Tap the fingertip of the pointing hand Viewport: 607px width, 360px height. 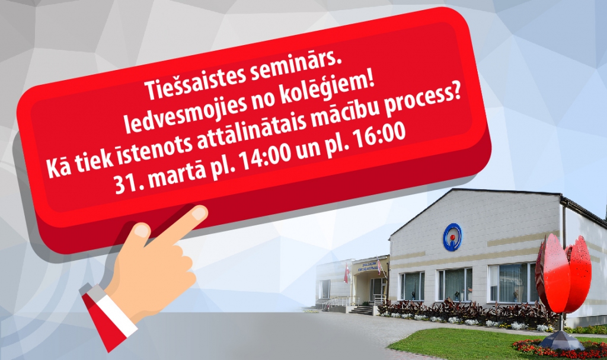tap(200, 213)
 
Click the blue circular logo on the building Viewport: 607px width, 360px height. tap(452, 237)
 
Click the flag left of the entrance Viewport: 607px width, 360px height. tap(347, 273)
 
